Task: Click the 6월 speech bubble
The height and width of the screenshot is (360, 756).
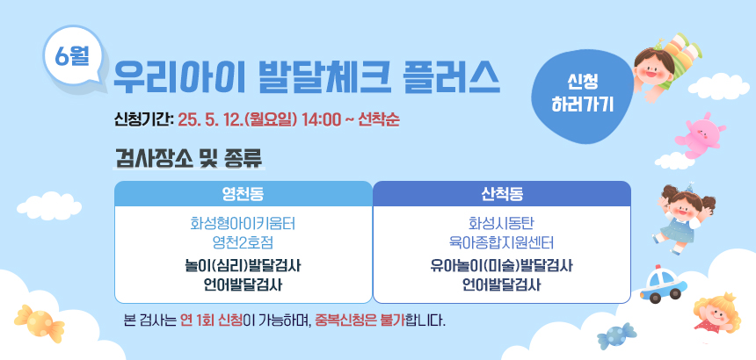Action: point(73,56)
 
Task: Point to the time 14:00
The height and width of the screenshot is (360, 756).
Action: point(321,119)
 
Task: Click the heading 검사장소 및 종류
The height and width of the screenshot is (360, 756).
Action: point(189,157)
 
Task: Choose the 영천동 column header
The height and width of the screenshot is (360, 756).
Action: point(243,193)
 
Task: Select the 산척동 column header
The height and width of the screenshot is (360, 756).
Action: point(502,193)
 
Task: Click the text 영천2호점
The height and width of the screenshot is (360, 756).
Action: point(243,242)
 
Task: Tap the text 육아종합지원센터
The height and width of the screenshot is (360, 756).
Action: point(502,242)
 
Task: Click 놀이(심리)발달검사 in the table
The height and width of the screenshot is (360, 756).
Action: point(243,266)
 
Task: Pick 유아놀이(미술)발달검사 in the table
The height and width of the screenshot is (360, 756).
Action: point(502,266)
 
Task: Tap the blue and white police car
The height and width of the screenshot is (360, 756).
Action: point(664,284)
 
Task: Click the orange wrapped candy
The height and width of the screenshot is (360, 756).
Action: point(39,322)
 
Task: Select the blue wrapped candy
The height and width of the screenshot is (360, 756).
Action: point(616,336)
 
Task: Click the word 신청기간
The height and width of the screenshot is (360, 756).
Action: point(142,119)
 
